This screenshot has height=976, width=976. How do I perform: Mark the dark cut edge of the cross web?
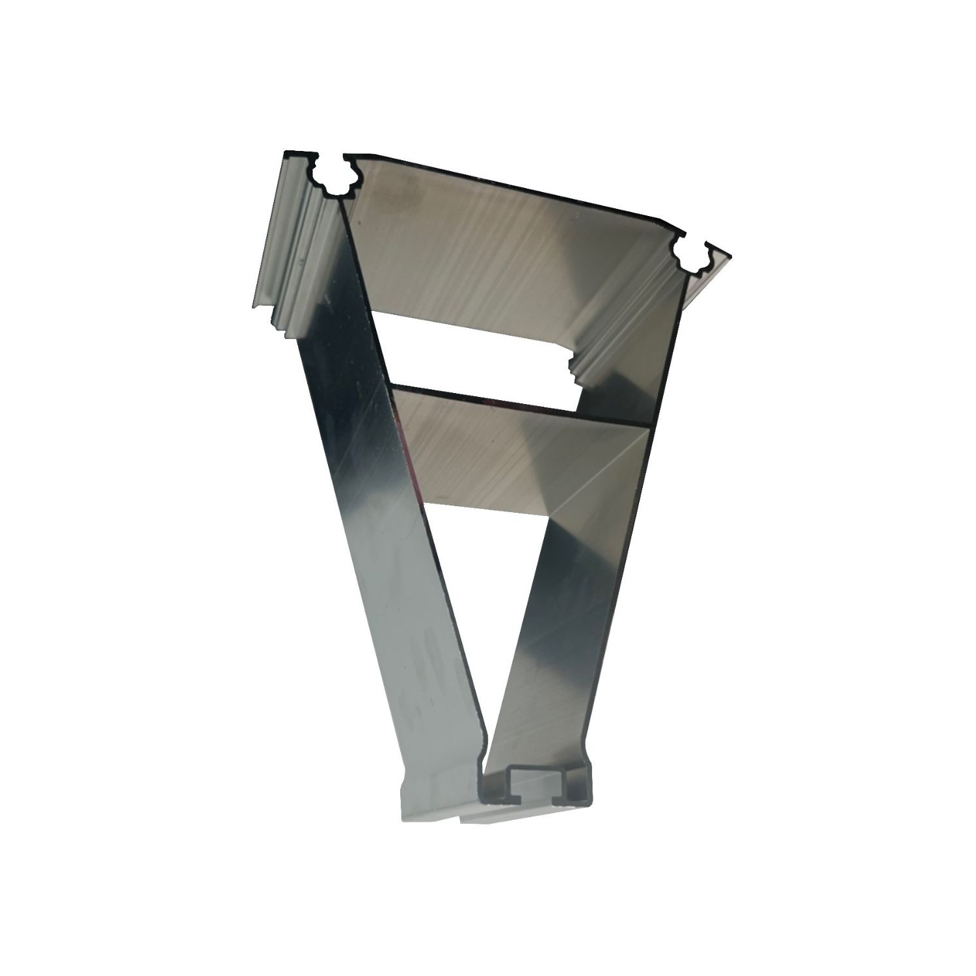coord(521,407)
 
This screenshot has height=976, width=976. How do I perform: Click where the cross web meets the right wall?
coord(653,426)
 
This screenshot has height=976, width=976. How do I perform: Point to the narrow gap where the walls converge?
coord(485,748)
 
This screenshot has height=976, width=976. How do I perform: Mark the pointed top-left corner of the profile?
coord(287,154)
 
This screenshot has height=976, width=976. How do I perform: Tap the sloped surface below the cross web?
coord(521,455)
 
